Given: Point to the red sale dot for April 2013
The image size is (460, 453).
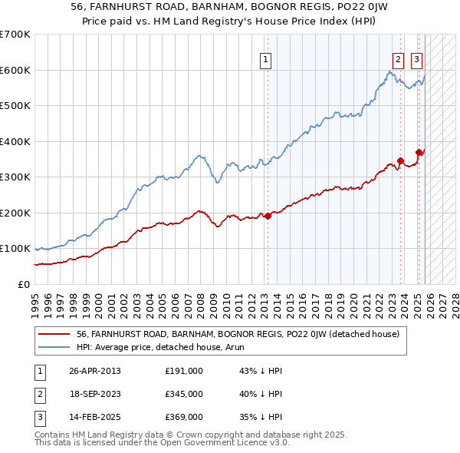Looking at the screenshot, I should [x=268, y=217].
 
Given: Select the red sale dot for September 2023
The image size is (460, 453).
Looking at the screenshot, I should [x=400, y=161].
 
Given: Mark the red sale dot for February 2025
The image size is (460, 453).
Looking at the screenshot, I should [x=419, y=152].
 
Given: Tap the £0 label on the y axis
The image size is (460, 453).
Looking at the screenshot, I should [x=25, y=284].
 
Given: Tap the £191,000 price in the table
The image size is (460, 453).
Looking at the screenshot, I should [x=183, y=371].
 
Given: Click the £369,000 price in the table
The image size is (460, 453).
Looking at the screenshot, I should [x=183, y=417].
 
